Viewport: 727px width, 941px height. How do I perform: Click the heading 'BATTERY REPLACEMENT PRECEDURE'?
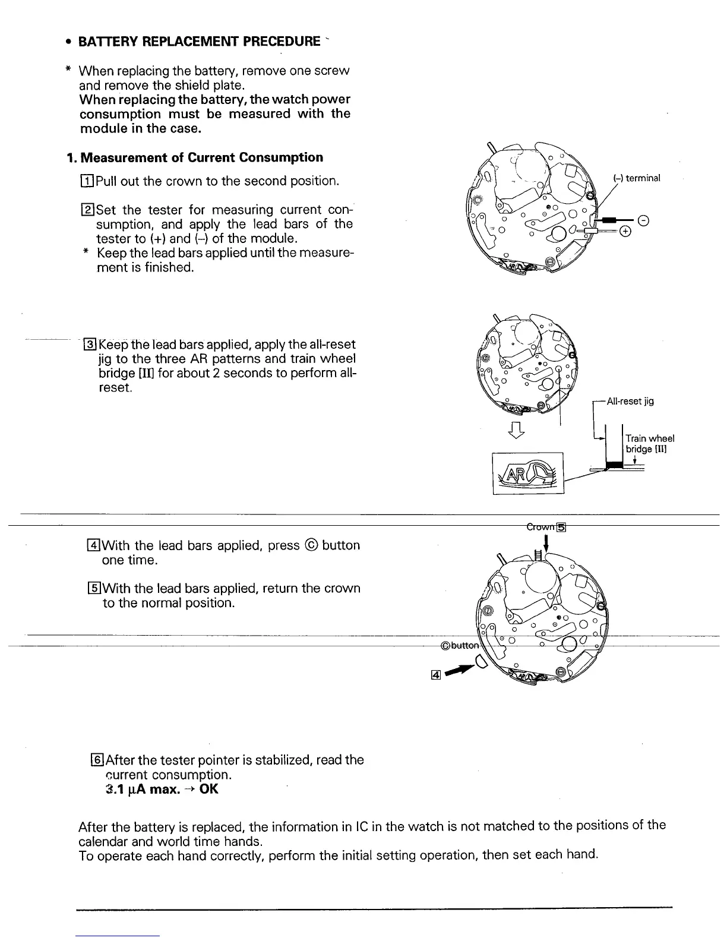(200, 41)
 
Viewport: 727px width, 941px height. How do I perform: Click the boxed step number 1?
(87, 181)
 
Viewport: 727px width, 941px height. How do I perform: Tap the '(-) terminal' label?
(636, 178)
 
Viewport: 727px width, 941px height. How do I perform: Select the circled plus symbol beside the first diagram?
(624, 231)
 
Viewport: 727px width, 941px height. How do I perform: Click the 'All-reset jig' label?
(630, 401)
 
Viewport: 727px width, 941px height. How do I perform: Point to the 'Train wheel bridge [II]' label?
(649, 444)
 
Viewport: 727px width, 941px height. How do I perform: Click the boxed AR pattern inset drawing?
(527, 473)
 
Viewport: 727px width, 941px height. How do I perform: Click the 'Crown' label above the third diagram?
(540, 526)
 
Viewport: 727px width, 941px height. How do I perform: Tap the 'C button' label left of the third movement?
(459, 646)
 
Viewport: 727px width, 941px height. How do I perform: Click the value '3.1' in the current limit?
(113, 790)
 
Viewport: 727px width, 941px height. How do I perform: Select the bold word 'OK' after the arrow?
(209, 790)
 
